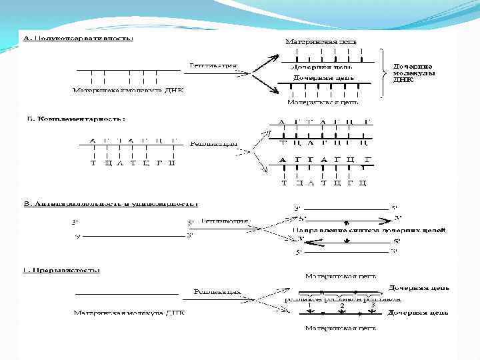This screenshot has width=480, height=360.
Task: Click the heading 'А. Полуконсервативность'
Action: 79,38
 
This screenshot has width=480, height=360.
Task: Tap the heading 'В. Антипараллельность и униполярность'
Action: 111,204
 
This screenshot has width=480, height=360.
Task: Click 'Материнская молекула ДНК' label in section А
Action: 129,89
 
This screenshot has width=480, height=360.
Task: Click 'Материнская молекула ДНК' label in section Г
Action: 129,311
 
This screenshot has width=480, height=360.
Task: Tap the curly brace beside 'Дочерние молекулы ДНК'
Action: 383,73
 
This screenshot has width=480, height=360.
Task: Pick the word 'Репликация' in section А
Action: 213,65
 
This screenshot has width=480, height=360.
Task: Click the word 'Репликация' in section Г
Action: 217,292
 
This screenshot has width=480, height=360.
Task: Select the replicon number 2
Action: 342,305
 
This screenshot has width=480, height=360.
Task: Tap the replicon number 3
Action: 373,305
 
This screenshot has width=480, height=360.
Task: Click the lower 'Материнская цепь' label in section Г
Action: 341,328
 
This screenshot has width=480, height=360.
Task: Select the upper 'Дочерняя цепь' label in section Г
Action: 418,288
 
